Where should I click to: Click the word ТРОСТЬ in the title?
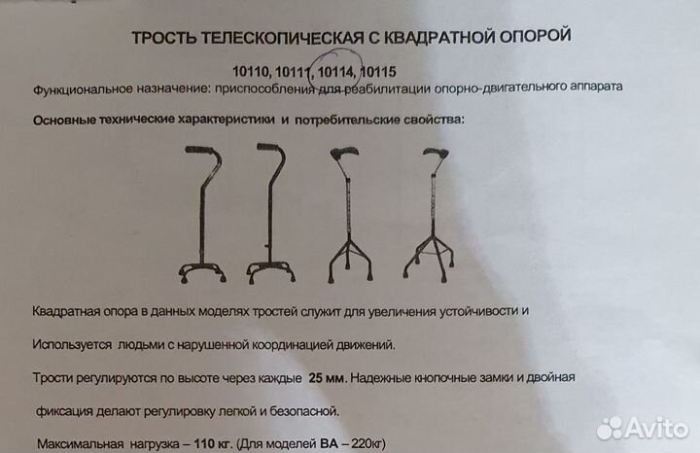(160, 37)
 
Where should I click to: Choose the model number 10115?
(377, 71)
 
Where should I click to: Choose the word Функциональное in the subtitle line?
(86, 88)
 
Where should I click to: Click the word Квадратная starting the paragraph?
(67, 310)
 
